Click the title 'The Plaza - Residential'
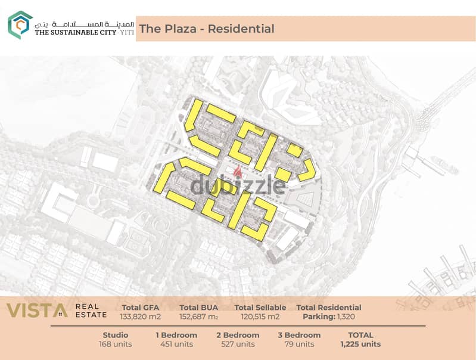(206, 29)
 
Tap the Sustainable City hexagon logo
(20, 25)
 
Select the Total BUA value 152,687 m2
(199, 316)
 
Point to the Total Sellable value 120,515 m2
(260, 316)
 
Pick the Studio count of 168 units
(116, 344)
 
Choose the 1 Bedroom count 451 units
(176, 344)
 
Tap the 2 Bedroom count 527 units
(237, 344)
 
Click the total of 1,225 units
(360, 344)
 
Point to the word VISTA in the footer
(37, 311)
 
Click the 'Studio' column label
(116, 335)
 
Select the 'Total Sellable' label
(260, 308)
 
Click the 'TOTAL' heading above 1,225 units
(360, 335)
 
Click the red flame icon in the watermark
(238, 173)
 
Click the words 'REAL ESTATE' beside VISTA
(91, 311)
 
